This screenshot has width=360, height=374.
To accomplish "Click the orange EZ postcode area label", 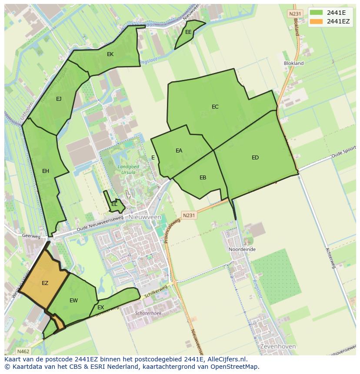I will pyautogui.click(x=45, y=283).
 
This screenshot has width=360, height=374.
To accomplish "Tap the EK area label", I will pyautogui.click(x=110, y=54).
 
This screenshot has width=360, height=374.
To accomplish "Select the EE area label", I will pyautogui.click(x=188, y=32).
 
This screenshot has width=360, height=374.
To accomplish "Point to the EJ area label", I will pyautogui.click(x=59, y=99).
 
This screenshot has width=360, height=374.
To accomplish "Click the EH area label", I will pyautogui.click(x=46, y=171).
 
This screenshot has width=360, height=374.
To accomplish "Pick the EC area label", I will pyautogui.click(x=215, y=107).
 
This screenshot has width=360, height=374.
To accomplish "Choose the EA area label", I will pyautogui.click(x=179, y=151).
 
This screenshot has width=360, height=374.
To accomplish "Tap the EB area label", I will pyautogui.click(x=203, y=178).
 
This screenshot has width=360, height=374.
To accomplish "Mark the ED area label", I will pyautogui.click(x=255, y=158).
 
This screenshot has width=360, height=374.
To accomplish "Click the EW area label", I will pyautogui.click(x=73, y=301).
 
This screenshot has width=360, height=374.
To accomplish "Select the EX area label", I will pyautogui.click(x=100, y=308).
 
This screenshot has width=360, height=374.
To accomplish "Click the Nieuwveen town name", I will pyautogui.click(x=145, y=217).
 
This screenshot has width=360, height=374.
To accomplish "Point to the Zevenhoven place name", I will pyautogui.click(x=277, y=347).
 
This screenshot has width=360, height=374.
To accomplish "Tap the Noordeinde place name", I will pyautogui.click(x=242, y=250).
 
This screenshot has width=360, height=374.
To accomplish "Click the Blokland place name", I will pyautogui.click(x=294, y=63).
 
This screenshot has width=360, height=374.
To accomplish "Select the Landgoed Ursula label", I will pyautogui.click(x=126, y=169).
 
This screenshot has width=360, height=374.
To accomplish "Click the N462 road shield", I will pyautogui.click(x=23, y=351).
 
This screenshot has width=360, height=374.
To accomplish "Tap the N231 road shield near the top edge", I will pyautogui.click(x=294, y=14).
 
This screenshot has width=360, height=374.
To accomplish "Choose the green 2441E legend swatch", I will pyautogui.click(x=316, y=13).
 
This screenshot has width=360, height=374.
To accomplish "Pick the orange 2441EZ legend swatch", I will pyautogui.click(x=316, y=21).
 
